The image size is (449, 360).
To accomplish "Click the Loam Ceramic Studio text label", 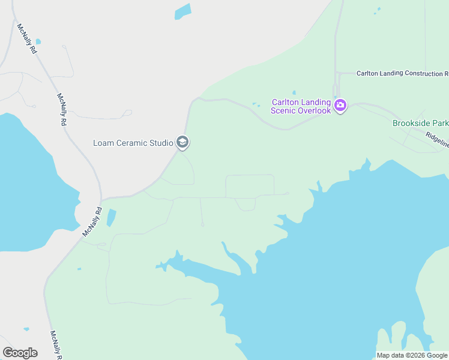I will coord(133,143).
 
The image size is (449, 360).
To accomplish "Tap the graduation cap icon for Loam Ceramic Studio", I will coord(183,142).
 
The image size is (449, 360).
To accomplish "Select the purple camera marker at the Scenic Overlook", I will coord(340,106).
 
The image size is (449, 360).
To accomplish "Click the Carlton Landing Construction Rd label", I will coord(402,73).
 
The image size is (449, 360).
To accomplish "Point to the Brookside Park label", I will coord(420,123).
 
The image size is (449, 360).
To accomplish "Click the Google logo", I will coord(20,353).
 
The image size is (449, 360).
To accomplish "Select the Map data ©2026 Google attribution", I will coord(412,355).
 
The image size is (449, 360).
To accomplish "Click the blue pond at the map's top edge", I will coord(182,12).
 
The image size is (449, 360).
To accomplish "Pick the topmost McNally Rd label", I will coord(28,39).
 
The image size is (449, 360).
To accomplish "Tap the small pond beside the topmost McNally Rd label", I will coord(38,41).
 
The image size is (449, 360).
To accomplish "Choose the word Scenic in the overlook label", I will coord(285,110).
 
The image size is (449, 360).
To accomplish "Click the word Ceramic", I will coord(133,143).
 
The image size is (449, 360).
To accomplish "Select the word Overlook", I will coord(315,110).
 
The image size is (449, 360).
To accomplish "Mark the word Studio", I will coord(161,143).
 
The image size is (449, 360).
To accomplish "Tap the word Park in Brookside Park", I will coord(439,123).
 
